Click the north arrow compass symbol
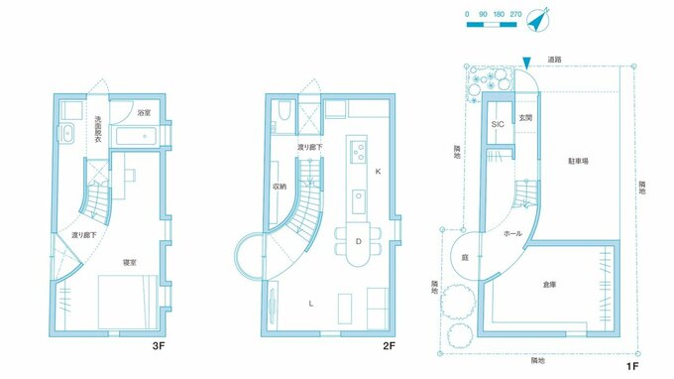(x=538, y=20)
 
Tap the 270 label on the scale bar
(x=515, y=14)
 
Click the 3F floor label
(x=159, y=346)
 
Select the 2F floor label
(x=389, y=346)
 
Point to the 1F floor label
(x=632, y=366)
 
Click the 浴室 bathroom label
(x=144, y=113)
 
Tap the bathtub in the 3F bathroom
(x=137, y=136)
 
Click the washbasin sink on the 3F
(x=67, y=133)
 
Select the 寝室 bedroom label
(x=130, y=262)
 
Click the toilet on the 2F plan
(x=284, y=110)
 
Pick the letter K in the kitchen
(x=378, y=172)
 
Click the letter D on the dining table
(x=358, y=242)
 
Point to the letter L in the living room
(x=311, y=304)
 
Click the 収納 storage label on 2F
(x=280, y=187)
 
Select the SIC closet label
(x=498, y=124)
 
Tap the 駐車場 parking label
(x=578, y=162)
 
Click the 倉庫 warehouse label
(x=550, y=285)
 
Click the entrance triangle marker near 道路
(x=526, y=63)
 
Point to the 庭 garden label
(x=465, y=258)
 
